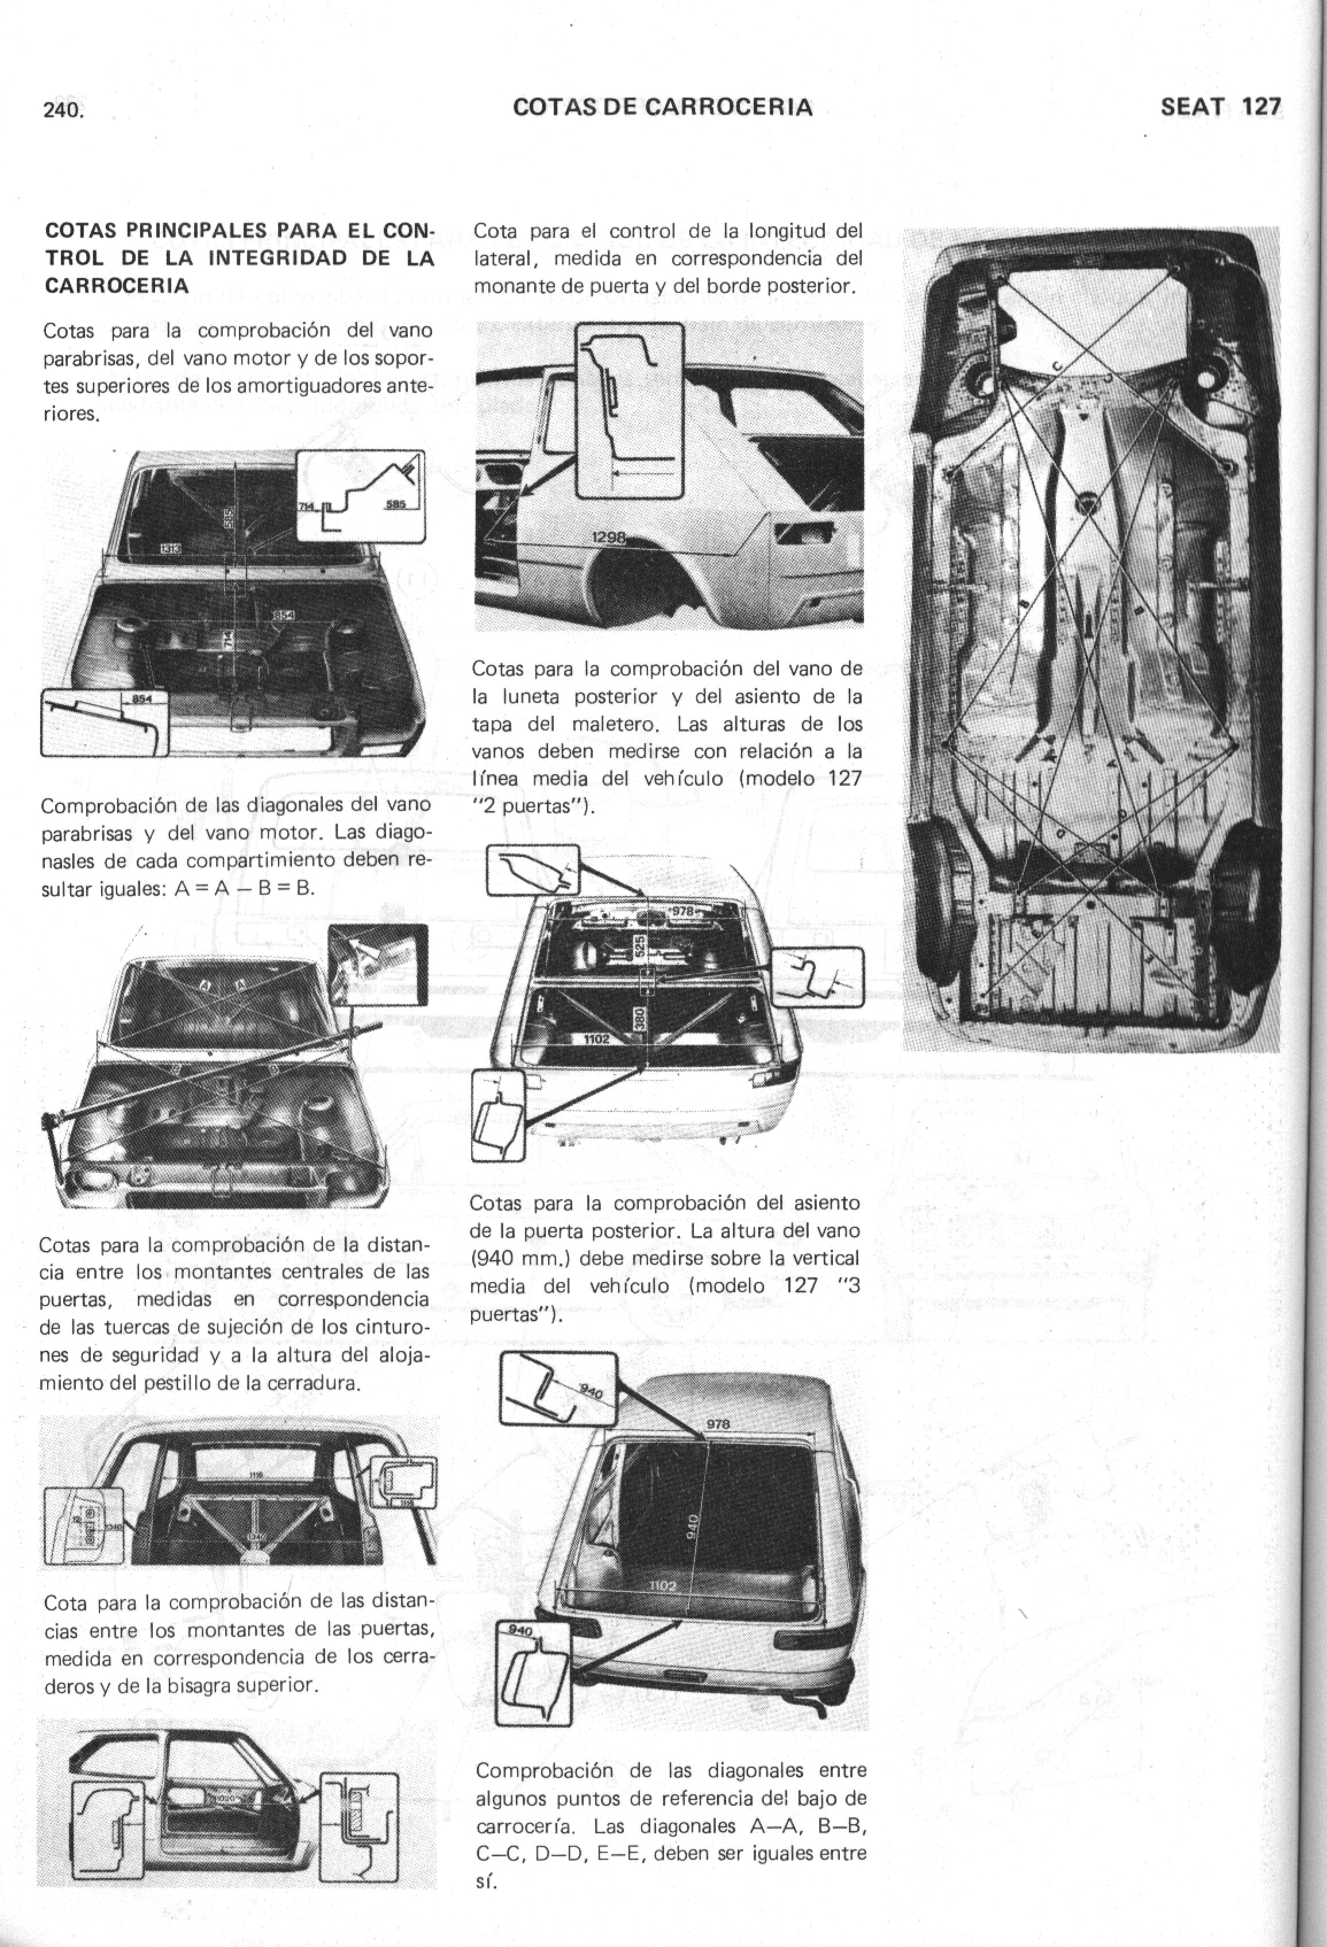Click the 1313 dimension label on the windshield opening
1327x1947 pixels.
172,548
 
